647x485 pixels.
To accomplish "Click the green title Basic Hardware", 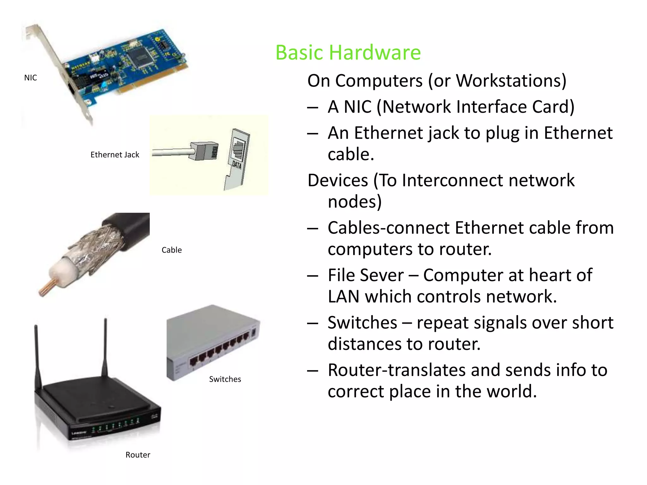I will [x=348, y=52].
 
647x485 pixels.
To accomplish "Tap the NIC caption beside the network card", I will [x=30, y=78].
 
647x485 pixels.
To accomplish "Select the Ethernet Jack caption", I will [x=115, y=155].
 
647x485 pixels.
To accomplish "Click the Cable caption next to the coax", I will [x=172, y=250].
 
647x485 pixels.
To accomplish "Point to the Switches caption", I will [x=225, y=379].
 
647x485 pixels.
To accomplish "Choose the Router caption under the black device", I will [x=138, y=455].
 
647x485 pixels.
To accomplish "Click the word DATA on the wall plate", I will [x=237, y=165].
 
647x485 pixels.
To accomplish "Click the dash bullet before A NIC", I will [x=312, y=108].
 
